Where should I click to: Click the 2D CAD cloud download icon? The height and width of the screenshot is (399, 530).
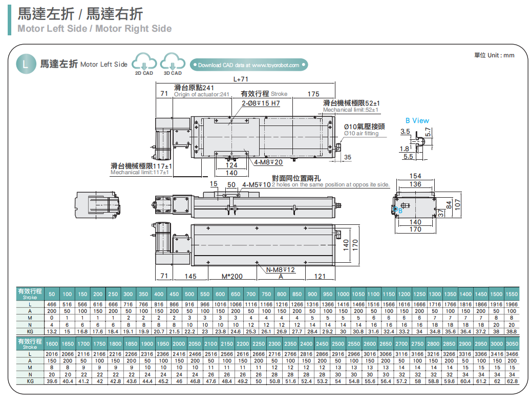(144, 64)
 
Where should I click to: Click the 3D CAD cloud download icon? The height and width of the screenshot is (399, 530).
(173, 64)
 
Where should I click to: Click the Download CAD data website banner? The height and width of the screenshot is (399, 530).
(249, 65)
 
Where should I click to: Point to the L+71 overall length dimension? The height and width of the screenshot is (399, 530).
(240, 79)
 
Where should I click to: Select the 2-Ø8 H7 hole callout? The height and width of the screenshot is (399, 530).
(261, 103)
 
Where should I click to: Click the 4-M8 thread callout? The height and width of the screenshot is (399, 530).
(268, 162)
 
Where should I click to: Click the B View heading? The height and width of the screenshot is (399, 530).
(417, 121)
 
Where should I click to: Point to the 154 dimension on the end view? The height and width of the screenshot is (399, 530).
(415, 177)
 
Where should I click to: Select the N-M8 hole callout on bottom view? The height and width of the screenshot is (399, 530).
(281, 270)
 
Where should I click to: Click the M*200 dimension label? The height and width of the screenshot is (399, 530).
(232, 277)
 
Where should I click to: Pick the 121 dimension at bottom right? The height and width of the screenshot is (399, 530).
(320, 277)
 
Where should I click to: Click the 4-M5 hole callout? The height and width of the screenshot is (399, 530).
(256, 184)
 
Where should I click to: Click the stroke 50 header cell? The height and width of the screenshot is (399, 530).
(52, 294)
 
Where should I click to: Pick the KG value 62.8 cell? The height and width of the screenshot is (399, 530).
(512, 381)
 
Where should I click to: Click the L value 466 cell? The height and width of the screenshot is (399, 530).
(52, 304)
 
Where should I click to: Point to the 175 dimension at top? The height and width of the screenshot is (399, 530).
(314, 94)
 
